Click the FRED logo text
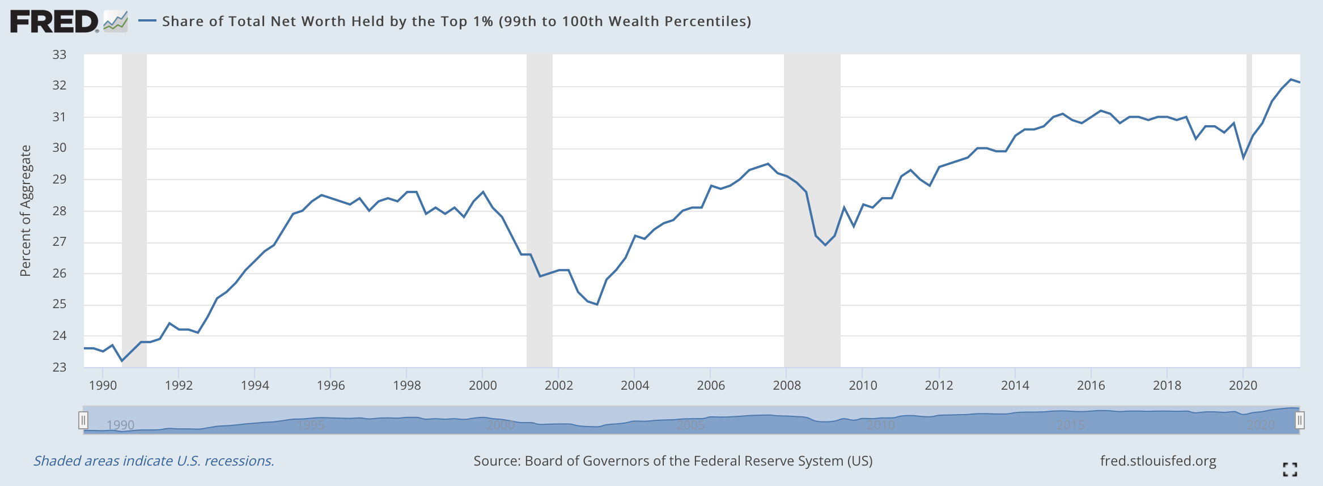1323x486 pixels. [x=54, y=22]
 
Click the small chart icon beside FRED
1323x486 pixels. [x=116, y=22]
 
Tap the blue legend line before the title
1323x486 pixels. [x=147, y=21]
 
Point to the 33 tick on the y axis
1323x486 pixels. [x=60, y=55]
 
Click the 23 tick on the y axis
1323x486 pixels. [x=60, y=367]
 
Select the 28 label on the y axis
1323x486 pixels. [x=60, y=211]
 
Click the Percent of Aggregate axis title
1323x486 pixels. [x=26, y=211]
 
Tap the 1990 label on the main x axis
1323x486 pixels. [x=103, y=386]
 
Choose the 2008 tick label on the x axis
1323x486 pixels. [x=787, y=386]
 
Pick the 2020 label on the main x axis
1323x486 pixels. [x=1243, y=386]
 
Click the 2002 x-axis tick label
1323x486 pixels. [x=558, y=386]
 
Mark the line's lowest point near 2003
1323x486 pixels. [x=597, y=305]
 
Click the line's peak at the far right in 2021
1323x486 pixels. [x=1291, y=79]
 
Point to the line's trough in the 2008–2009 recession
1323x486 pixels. [x=825, y=245]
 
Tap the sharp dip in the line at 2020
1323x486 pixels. [x=1244, y=157]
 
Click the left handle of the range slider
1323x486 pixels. [x=83, y=420]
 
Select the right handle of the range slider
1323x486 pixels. [x=1300, y=420]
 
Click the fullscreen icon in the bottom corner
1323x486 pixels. [x=1290, y=469]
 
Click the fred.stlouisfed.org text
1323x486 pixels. [x=1158, y=461]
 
